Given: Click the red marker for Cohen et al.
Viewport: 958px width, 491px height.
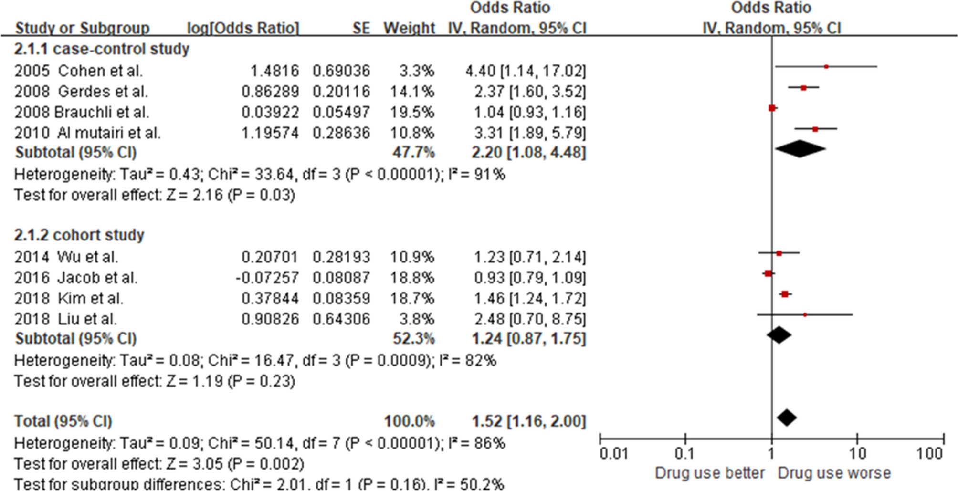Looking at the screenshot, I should (826, 67).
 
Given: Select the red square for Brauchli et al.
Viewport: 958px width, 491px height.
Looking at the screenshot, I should (772, 108).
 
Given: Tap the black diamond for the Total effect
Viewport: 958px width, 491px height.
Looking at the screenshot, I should (787, 418).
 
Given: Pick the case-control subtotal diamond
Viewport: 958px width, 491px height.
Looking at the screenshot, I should (800, 149).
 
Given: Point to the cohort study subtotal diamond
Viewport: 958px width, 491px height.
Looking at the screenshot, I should (779, 335).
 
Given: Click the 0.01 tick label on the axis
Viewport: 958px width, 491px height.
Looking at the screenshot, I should (614, 453).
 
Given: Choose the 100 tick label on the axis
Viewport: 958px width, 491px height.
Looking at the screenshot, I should (929, 453).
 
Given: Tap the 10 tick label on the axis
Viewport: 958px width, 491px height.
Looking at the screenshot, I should (857, 453).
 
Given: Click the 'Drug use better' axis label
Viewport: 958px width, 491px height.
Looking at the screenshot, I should (709, 473).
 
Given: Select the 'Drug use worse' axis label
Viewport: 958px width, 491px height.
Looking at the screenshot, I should (834, 473).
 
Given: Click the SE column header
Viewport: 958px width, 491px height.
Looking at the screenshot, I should (361, 28).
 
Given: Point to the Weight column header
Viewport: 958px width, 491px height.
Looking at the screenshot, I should (409, 28).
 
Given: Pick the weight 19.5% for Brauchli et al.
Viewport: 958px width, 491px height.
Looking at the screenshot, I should (416, 112).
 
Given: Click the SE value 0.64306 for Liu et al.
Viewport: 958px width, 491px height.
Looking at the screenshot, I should (341, 319).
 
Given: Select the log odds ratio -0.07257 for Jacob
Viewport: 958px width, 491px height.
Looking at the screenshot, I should (267, 278).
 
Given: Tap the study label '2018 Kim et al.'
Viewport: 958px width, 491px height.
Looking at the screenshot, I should (69, 298).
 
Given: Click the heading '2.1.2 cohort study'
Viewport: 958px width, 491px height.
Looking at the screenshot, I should (79, 235).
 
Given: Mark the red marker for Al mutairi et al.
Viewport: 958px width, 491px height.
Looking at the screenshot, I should (815, 129).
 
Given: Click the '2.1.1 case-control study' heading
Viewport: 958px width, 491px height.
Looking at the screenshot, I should (102, 49).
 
